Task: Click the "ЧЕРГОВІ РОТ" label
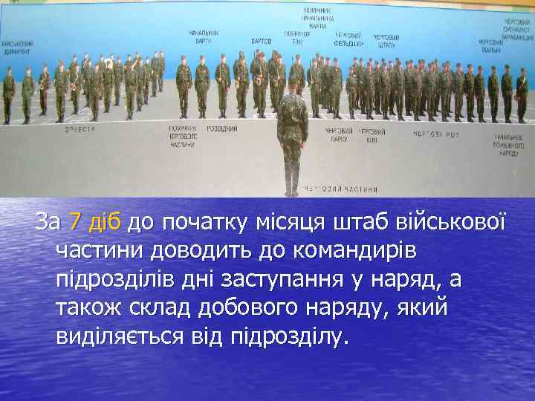[x=436, y=134]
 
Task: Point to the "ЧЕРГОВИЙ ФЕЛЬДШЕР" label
[x=348, y=39]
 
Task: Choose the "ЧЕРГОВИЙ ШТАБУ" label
[x=386, y=41]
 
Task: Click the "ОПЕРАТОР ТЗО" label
[x=297, y=37]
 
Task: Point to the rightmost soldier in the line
[x=522, y=94]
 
